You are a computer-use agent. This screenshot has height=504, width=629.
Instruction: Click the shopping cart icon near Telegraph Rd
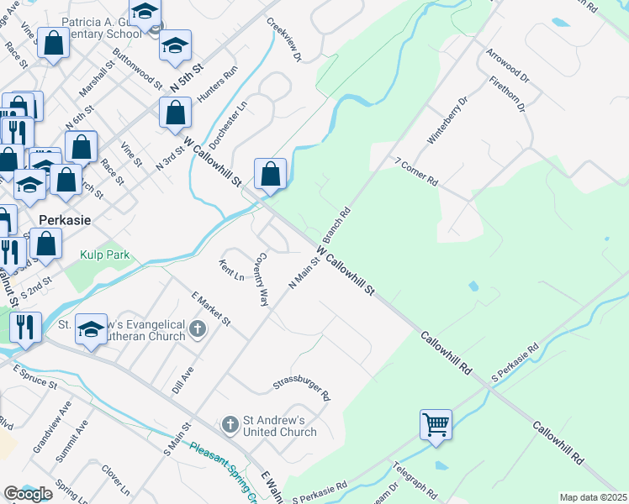pyautogui.click(x=436, y=424)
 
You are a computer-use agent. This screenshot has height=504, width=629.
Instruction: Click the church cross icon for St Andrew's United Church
pyautogui.click(x=230, y=425)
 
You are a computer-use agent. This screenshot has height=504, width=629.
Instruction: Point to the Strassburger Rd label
pyautogui.click(x=302, y=387)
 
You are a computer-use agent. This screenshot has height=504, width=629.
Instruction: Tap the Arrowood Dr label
pyautogui.click(x=507, y=66)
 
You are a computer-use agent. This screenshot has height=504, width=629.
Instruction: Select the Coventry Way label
pyautogui.click(x=262, y=279)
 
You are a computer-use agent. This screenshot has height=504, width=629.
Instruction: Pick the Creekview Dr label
pyautogui.click(x=284, y=40)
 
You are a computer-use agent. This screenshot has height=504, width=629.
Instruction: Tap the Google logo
pyautogui.click(x=29, y=493)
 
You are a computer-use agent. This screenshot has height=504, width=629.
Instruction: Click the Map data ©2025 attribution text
pyautogui.click(x=593, y=497)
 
